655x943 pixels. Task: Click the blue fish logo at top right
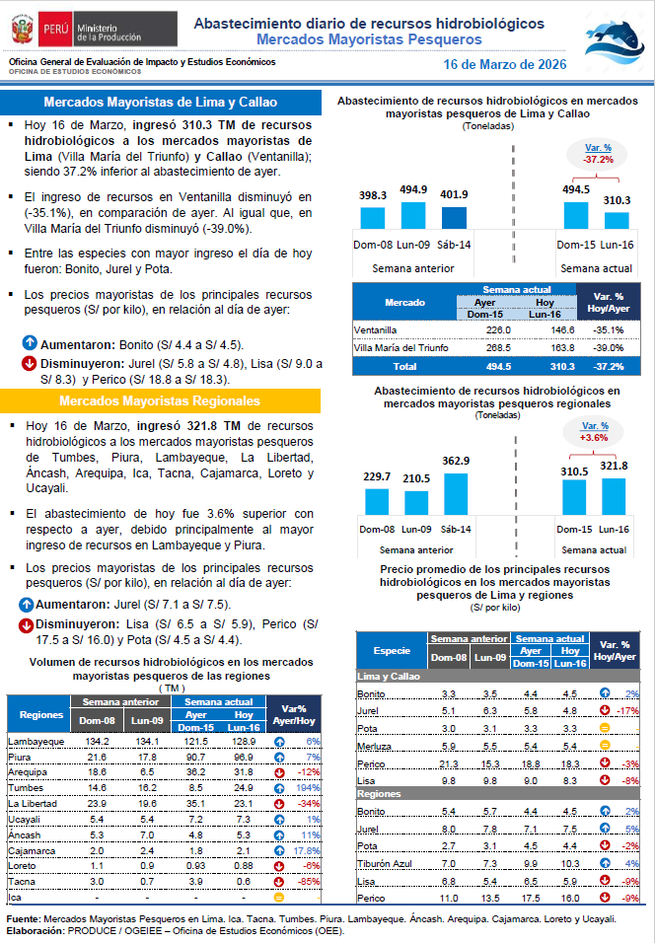click(x=614, y=39)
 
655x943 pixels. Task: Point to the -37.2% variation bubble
click(x=598, y=153)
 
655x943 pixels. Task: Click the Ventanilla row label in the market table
click(x=377, y=329)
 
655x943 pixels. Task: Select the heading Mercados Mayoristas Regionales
click(x=160, y=401)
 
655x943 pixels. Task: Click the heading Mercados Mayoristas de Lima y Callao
click(x=161, y=103)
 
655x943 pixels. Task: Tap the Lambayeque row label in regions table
click(x=29, y=741)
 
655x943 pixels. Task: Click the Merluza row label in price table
click(x=372, y=745)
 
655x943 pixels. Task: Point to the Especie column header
click(x=392, y=651)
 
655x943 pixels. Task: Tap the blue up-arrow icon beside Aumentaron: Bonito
click(x=30, y=345)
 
